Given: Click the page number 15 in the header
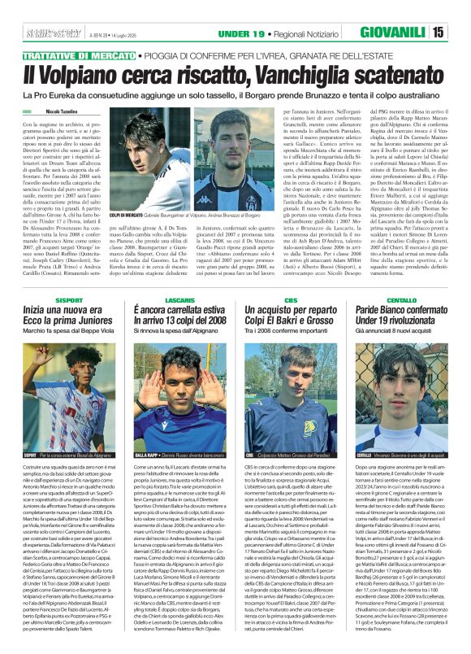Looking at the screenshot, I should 460,32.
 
